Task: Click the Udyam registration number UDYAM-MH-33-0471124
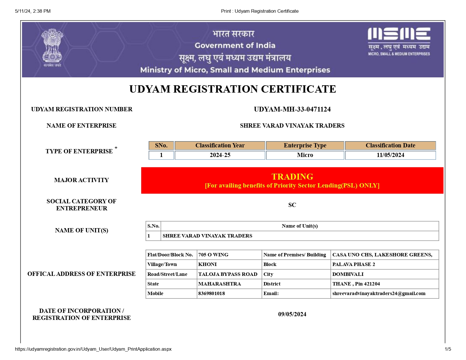[292, 109]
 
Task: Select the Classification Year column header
[220, 145]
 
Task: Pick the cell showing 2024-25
[220, 155]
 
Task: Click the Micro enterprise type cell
[305, 155]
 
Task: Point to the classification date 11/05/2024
[390, 155]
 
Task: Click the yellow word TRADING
[292, 177]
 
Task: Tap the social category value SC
[292, 205]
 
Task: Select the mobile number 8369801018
[212, 293]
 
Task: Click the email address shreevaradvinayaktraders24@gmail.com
[379, 293]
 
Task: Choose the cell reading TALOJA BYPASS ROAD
[228, 274]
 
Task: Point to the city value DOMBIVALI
[348, 274]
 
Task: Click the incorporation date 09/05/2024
[292, 314]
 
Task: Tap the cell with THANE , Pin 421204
[356, 284]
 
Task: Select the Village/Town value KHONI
[207, 264]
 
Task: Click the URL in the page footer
[93, 349]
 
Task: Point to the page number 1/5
[448, 349]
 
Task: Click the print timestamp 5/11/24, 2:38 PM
[33, 11]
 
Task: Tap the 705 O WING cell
[213, 255]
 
